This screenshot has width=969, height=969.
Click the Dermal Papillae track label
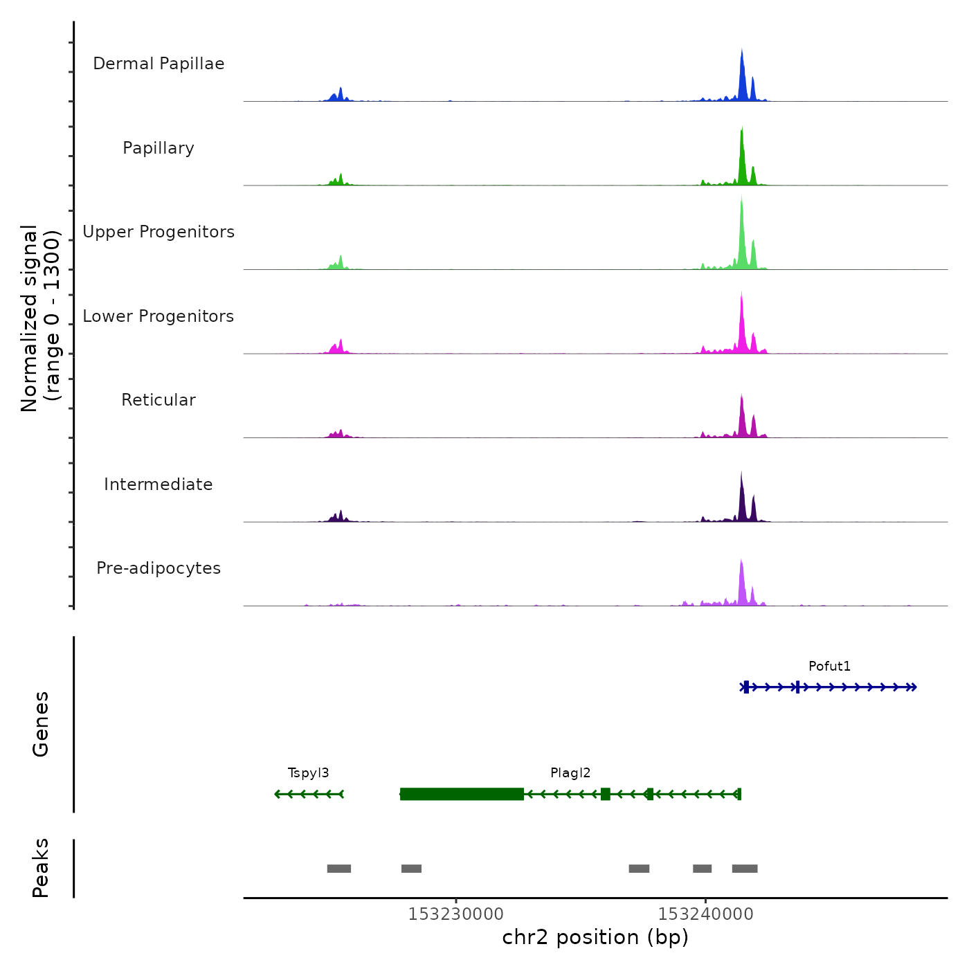point(159,64)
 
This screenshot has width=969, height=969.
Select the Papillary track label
point(159,148)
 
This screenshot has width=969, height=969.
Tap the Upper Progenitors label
point(159,232)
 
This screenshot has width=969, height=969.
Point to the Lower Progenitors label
point(159,316)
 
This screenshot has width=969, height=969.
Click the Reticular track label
point(159,400)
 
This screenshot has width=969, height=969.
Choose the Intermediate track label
point(159,484)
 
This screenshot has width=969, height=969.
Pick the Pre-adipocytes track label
point(159,568)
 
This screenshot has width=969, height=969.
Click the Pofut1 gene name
point(829,667)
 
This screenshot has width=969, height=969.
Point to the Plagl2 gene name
point(570,773)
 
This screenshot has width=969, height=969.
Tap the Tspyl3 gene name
point(308,773)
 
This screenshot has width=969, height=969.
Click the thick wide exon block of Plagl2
point(462,794)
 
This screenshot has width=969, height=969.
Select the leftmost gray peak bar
point(339,869)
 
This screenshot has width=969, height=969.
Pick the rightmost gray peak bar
point(745,869)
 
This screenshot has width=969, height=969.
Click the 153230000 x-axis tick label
point(456,914)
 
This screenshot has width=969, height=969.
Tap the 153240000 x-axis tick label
point(705,914)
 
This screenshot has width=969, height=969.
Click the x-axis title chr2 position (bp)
point(595,937)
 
